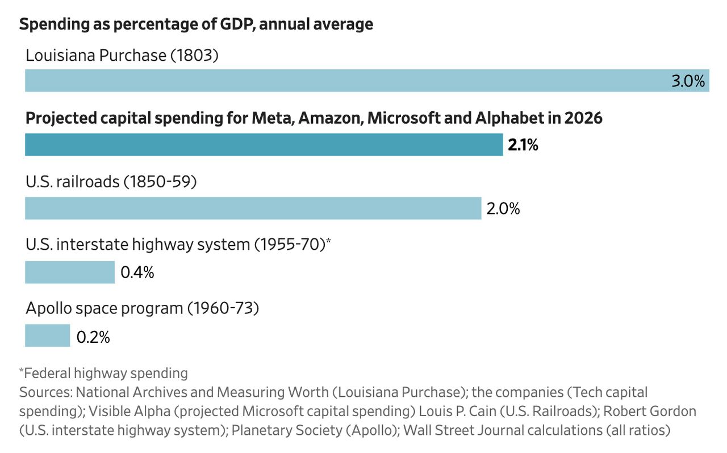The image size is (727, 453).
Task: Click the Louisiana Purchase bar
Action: [367, 81]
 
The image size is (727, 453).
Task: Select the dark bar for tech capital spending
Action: [264, 144]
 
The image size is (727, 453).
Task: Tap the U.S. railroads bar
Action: [253, 208]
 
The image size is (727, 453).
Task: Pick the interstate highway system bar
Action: [70, 272]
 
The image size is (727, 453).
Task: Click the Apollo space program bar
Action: [47, 335]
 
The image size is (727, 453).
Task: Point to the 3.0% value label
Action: [688, 81]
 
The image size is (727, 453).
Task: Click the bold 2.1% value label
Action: [523, 145]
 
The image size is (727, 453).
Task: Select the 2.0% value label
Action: [503, 208]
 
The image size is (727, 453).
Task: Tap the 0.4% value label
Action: [137, 272]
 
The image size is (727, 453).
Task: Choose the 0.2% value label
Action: [93, 337]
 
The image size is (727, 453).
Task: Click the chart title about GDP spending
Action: [196, 24]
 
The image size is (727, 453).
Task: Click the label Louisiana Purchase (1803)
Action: [122, 55]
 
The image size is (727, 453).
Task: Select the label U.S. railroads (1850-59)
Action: [111, 182]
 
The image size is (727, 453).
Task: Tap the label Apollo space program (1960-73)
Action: [142, 308]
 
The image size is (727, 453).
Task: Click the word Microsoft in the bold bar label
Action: [403, 118]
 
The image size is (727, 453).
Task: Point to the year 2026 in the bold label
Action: [583, 118]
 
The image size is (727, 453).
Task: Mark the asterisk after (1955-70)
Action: [328, 241]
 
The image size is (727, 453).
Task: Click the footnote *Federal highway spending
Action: [103, 374]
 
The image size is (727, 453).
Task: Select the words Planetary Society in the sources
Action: [287, 431]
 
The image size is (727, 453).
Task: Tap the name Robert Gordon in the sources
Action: [649, 412]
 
